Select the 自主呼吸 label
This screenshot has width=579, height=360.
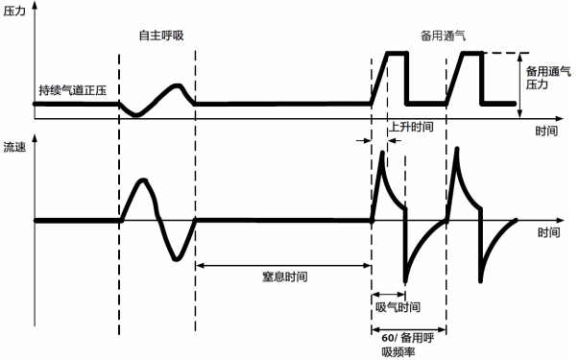coord(160,36)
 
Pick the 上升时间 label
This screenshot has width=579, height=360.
coord(413,126)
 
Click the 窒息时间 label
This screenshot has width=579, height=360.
coord(284,276)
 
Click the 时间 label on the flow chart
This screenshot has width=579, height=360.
coord(549,232)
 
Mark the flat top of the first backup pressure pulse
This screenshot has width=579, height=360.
coord(397,53)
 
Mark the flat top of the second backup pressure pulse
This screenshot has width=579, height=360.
coord(471,53)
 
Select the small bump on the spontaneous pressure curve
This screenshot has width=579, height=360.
coord(178,88)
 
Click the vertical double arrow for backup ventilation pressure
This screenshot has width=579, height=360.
coord(520,85)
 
